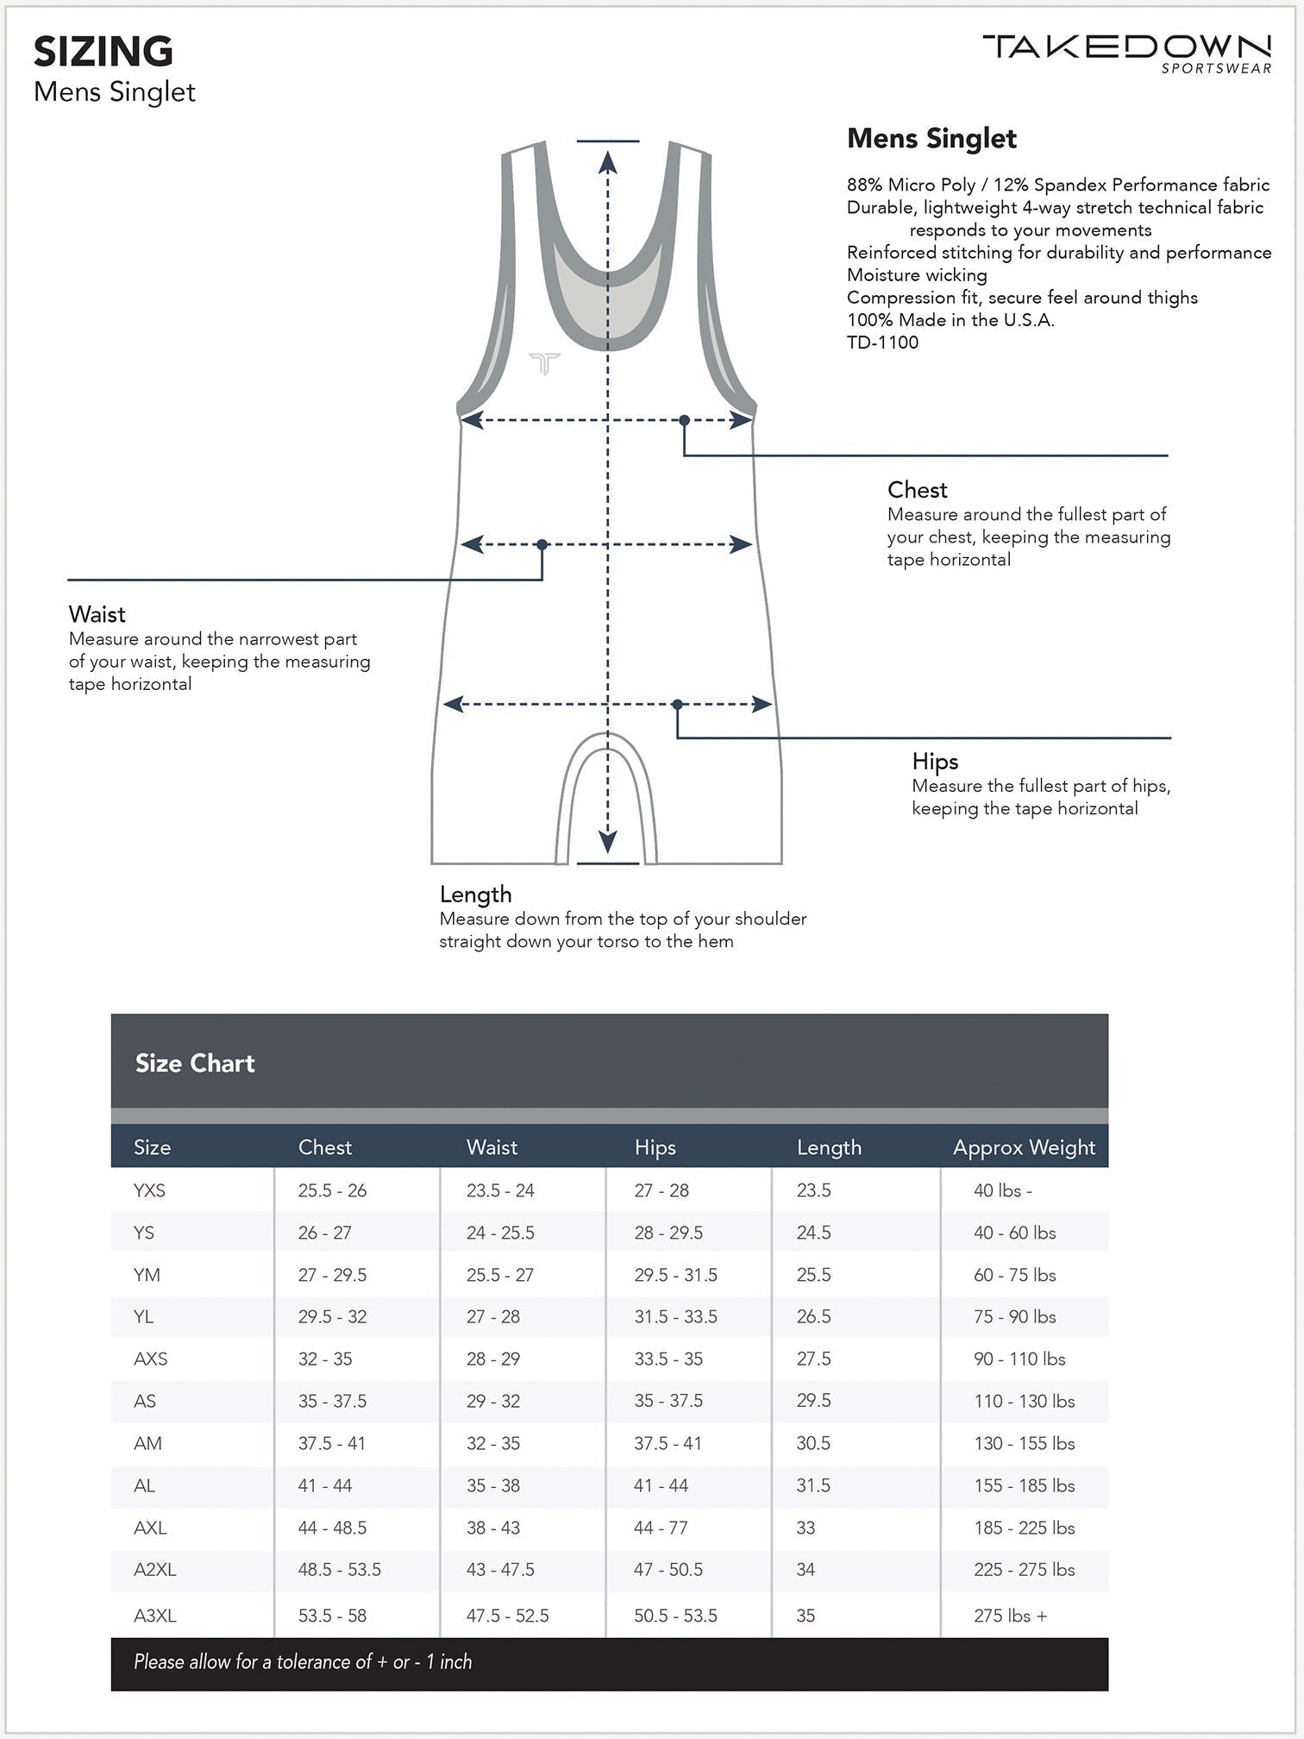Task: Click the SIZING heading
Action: click(103, 52)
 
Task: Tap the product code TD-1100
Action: click(882, 342)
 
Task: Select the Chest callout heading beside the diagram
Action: click(917, 490)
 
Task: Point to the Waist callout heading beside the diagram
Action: click(97, 614)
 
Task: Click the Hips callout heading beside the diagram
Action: click(935, 762)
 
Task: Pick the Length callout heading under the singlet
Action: click(475, 895)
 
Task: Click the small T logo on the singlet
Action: click(544, 363)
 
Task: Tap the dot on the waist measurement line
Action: click(542, 544)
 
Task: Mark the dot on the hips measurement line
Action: click(677, 705)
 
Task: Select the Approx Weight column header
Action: click(1024, 1147)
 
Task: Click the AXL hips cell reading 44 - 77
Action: click(661, 1528)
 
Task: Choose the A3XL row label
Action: click(155, 1616)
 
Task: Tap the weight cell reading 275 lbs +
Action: click(1010, 1616)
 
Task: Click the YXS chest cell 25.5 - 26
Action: click(332, 1190)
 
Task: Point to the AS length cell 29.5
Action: click(813, 1401)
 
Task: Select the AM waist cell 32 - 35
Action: click(492, 1443)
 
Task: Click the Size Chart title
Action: click(195, 1064)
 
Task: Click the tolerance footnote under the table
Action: click(303, 1662)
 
